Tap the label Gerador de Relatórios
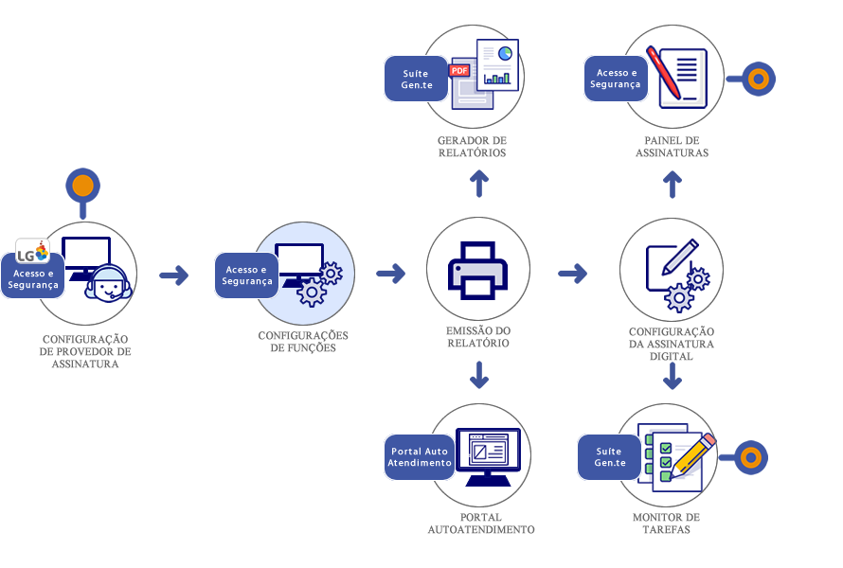coord(473,147)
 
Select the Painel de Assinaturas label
coord(672,147)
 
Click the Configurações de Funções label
coord(303,342)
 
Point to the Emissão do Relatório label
coord(478,337)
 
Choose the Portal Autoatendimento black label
coord(481,524)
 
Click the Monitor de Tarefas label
coord(667,524)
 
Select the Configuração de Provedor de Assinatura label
coord(85,351)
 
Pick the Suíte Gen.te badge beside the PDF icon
coord(415,80)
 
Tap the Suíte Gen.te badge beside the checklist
coord(610,457)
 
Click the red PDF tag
coord(459,70)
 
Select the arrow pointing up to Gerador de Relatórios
coord(479,184)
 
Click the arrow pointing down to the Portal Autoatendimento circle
coord(479,378)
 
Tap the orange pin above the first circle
coord(83,186)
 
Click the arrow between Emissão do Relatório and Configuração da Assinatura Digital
coord(572,274)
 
